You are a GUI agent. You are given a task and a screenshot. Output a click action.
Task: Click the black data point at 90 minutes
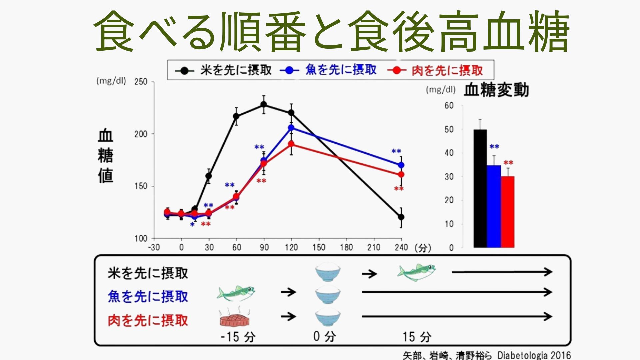pyautogui.click(x=264, y=104)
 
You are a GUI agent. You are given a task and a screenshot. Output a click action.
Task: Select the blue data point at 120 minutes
pyautogui.click(x=291, y=128)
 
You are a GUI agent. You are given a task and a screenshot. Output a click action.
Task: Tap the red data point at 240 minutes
pyautogui.click(x=401, y=174)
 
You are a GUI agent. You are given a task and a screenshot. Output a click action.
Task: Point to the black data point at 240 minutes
pyautogui.click(x=401, y=217)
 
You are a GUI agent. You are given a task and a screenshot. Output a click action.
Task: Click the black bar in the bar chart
pyautogui.click(x=480, y=188)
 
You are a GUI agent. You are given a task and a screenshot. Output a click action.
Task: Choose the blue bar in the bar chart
pyautogui.click(x=494, y=206)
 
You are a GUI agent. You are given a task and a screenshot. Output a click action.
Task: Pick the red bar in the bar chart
pyautogui.click(x=508, y=212)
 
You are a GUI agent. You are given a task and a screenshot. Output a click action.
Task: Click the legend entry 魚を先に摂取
pyautogui.click(x=341, y=70)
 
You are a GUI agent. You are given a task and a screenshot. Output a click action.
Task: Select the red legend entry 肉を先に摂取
pyautogui.click(x=447, y=70)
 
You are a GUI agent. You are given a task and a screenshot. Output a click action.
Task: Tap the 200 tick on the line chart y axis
pyautogui.click(x=141, y=134)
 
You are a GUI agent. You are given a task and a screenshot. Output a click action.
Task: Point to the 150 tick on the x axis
pyautogui.click(x=319, y=247)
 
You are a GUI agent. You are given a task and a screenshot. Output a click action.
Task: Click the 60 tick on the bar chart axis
pyautogui.click(x=449, y=106)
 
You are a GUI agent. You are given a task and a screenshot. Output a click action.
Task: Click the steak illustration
pyautogui.click(x=235, y=319)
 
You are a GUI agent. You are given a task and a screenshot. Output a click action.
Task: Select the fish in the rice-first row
pyautogui.click(x=416, y=272)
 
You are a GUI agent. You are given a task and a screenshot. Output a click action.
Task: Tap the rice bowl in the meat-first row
pyautogui.click(x=328, y=317)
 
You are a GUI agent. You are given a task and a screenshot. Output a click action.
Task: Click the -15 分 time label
pyautogui.click(x=238, y=337)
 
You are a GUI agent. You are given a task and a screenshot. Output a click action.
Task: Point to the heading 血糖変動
pyautogui.click(x=496, y=90)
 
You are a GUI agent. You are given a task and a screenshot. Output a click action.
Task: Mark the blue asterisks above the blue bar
pyautogui.click(x=494, y=146)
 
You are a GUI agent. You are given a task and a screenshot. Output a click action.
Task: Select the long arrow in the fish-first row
pyautogui.click(x=457, y=292)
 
